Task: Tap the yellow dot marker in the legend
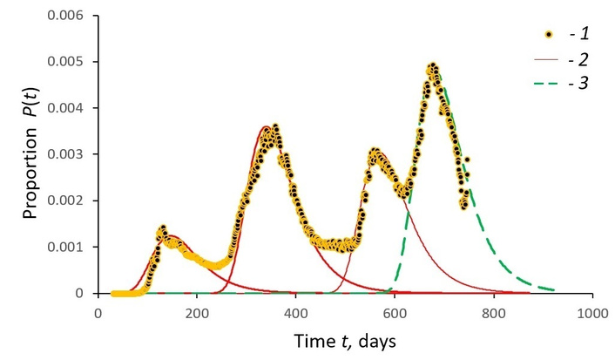pos(549,35)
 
